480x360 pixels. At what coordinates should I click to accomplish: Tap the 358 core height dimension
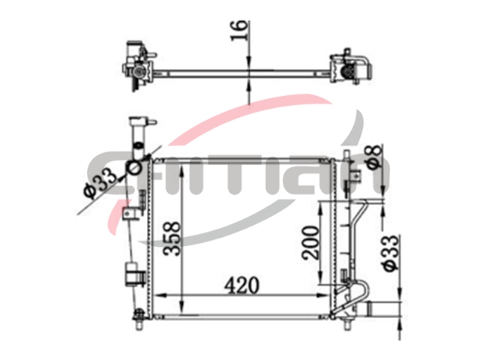172,238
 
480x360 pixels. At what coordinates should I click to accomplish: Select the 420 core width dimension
241,285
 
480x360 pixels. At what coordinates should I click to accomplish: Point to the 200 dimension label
310,243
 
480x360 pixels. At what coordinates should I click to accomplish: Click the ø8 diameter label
375,156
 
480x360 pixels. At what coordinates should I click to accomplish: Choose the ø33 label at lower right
391,253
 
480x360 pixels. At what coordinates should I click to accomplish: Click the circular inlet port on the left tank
133,168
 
